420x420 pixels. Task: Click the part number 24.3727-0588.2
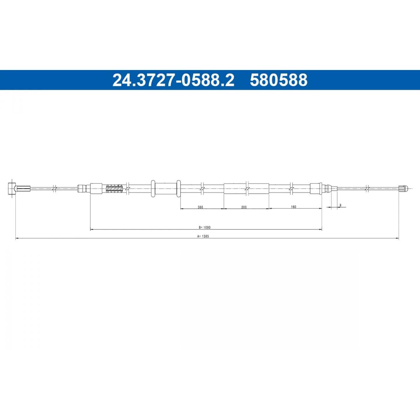click(x=173, y=80)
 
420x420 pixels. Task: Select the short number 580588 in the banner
click(x=279, y=80)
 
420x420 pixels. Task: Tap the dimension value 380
click(x=200, y=207)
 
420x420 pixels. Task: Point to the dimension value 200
click(x=244, y=207)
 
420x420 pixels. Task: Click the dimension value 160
click(x=294, y=206)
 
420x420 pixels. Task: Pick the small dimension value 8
click(x=340, y=205)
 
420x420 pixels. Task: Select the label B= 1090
click(x=205, y=227)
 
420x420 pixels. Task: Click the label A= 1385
click(x=203, y=236)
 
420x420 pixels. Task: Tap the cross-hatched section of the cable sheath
click(x=114, y=188)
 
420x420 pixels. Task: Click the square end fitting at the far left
click(x=12, y=189)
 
